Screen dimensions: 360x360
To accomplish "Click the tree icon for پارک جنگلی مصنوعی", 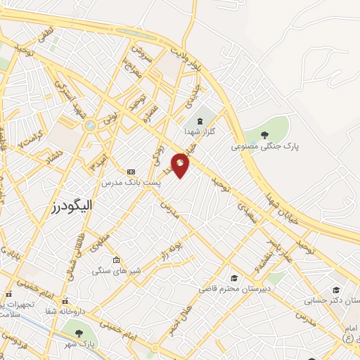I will [264, 135].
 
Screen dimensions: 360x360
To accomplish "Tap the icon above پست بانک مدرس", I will [131, 172].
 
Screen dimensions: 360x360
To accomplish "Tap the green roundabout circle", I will [90, 125].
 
